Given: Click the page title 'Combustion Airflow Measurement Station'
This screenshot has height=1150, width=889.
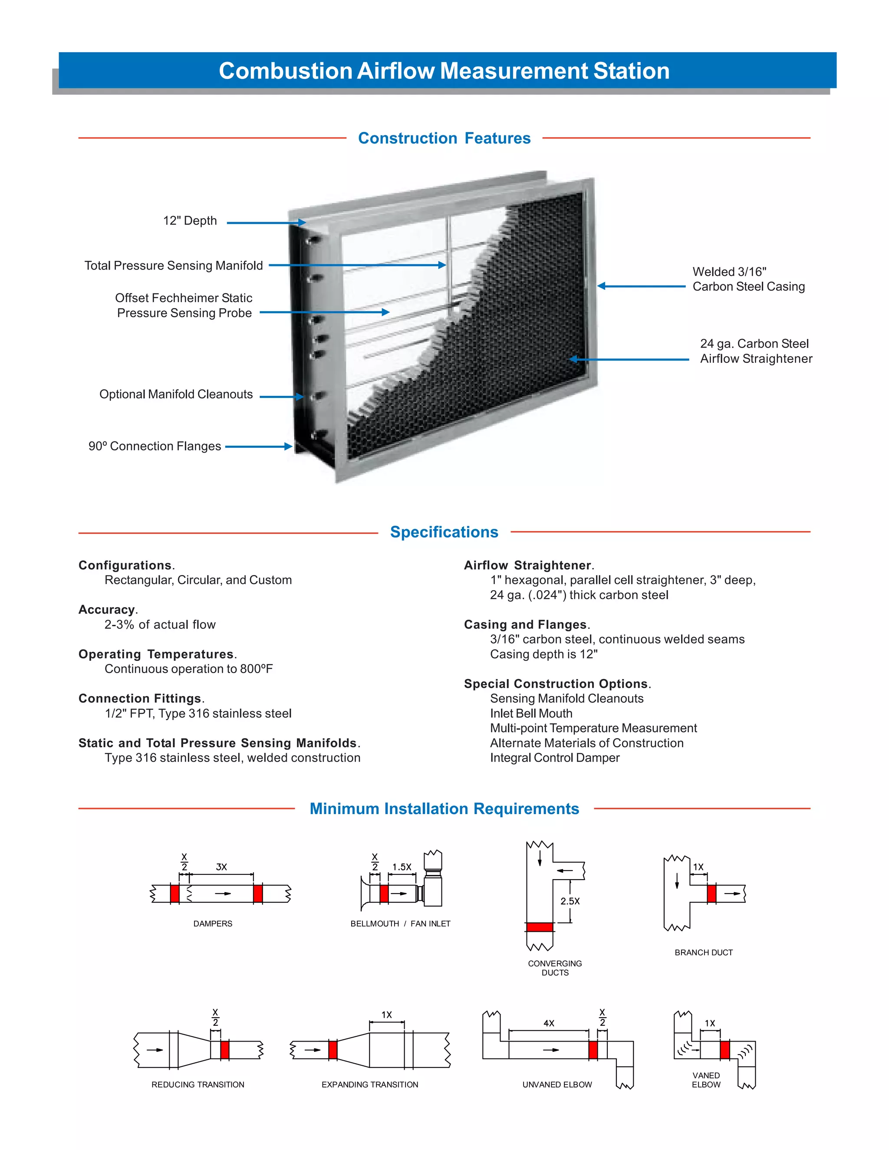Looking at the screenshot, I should [x=444, y=71].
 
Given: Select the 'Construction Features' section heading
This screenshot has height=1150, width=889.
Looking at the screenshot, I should [x=444, y=138].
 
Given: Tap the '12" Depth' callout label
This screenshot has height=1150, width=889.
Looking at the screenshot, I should [x=190, y=220].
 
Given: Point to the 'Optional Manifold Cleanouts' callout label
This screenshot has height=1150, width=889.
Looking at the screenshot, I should [x=176, y=394].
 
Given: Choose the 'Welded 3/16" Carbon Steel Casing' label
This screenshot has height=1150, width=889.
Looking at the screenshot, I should [x=748, y=279].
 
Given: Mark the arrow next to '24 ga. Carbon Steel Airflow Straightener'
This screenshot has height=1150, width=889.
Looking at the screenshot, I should [x=629, y=359].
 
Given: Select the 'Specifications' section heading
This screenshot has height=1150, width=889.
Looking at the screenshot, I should [x=444, y=532].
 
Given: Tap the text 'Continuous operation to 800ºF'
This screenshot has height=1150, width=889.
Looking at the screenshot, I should [x=188, y=669].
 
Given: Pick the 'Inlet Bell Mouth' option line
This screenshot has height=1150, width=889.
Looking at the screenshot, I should [x=531, y=713].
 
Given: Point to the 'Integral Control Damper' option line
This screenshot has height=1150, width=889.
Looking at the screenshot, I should [x=555, y=758].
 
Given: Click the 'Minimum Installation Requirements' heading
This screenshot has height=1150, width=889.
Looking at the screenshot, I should [x=444, y=808].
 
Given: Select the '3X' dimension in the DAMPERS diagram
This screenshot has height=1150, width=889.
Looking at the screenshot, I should [x=221, y=867].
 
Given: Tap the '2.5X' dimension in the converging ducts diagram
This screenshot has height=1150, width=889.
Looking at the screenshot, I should [x=570, y=901].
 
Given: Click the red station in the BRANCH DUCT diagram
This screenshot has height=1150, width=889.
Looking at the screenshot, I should [x=711, y=894].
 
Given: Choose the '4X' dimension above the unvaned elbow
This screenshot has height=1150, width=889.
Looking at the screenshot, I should [x=549, y=1023].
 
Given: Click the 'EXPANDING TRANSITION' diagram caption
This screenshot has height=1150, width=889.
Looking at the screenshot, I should [x=370, y=1085].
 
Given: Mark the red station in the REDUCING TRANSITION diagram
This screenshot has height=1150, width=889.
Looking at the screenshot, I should [x=224, y=1049].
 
